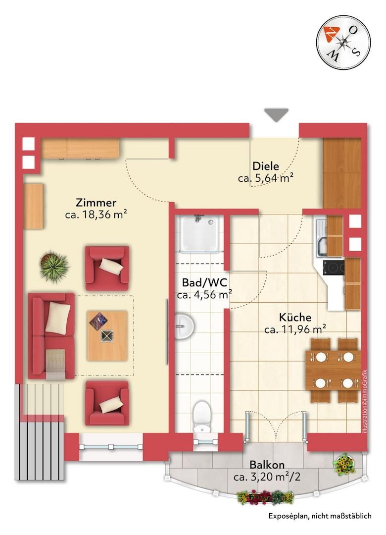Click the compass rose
[343, 43]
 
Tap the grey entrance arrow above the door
[276, 115]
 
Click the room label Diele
[266, 166]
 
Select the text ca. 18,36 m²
[96, 214]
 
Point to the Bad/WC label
[204, 282]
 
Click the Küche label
[295, 318]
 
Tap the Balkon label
[267, 465]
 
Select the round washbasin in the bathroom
[184, 326]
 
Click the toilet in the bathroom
[201, 417]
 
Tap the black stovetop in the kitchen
[334, 267]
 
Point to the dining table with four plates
[333, 370]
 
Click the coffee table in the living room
[107, 336]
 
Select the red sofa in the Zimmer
[51, 336]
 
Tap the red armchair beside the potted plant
[107, 268]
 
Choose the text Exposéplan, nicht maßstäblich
[320, 516]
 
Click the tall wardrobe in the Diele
[342, 173]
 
